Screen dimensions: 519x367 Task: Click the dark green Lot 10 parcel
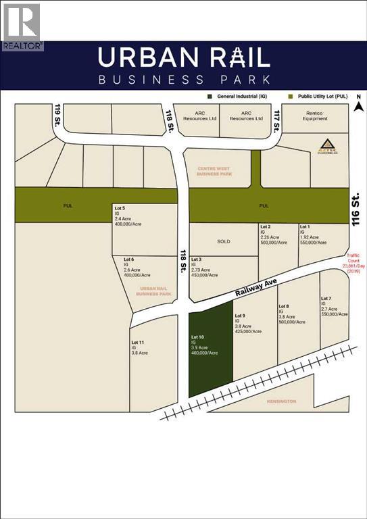210,351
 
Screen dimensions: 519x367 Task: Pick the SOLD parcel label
224,241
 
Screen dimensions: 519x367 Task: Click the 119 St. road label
59,116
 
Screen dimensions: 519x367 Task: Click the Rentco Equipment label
314,116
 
